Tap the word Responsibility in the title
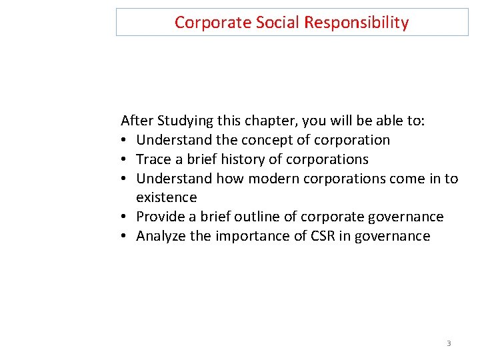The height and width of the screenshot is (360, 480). pos(357,23)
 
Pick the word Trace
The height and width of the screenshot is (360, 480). pos(153,159)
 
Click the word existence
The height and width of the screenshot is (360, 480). pos(167,197)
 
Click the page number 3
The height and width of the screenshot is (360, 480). pos(449,343)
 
